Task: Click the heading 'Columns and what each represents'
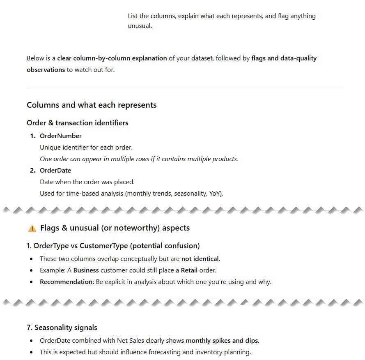(92, 105)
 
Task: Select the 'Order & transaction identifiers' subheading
(77, 122)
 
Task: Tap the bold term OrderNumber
(60, 136)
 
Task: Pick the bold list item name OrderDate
(55, 170)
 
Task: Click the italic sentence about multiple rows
(139, 159)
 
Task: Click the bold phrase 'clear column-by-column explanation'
(112, 58)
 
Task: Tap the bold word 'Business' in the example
(86, 270)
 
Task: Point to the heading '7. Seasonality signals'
(62, 328)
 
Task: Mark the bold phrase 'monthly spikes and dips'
(222, 341)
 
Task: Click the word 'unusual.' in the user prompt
(140, 26)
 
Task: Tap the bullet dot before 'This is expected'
(32, 352)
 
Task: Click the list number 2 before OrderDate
(32, 170)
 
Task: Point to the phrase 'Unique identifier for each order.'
(86, 147)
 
